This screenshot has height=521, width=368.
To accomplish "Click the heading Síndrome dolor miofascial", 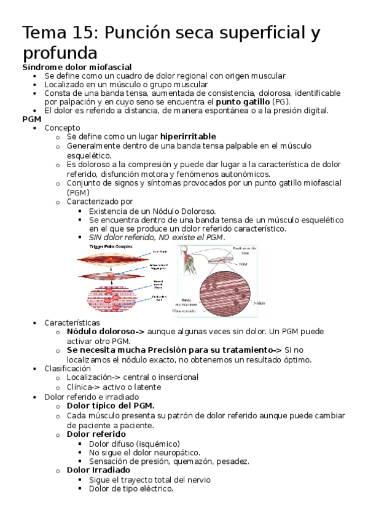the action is pos(77,67).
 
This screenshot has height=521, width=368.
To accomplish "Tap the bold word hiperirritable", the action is pos(188,136).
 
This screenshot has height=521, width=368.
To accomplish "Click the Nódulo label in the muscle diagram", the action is pos(260,304).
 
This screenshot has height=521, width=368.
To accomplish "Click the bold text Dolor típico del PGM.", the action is pos(111,406).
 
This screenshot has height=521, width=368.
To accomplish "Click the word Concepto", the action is pos(62,128).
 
